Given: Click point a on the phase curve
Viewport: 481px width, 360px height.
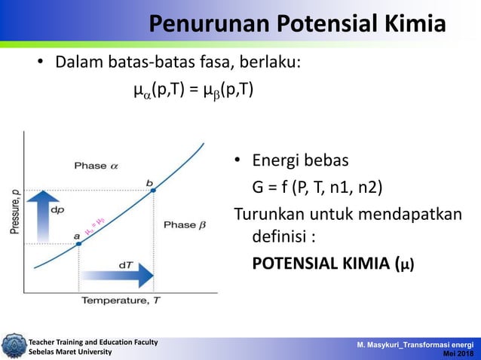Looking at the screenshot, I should (x=78, y=243).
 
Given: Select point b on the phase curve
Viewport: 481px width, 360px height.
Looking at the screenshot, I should (x=153, y=190).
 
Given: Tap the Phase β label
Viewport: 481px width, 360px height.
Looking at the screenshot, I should (x=184, y=224).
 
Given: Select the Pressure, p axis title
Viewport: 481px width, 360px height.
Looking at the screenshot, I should (x=14, y=212).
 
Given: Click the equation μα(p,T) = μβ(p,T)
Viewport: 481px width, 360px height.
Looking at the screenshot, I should (x=193, y=91).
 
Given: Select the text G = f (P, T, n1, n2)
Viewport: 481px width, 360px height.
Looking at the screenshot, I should (x=321, y=187).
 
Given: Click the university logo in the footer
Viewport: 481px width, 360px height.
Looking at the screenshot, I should (x=13, y=346).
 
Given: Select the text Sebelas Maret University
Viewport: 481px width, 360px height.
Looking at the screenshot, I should (x=70, y=352).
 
